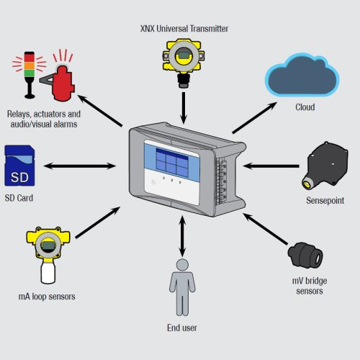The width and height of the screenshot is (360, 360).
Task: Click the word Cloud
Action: pos(305,107)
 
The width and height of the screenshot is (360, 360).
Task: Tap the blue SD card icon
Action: pos(22,167)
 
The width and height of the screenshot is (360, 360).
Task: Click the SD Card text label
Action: pos(20,197)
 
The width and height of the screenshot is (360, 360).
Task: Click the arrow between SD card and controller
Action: pos(80,166)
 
